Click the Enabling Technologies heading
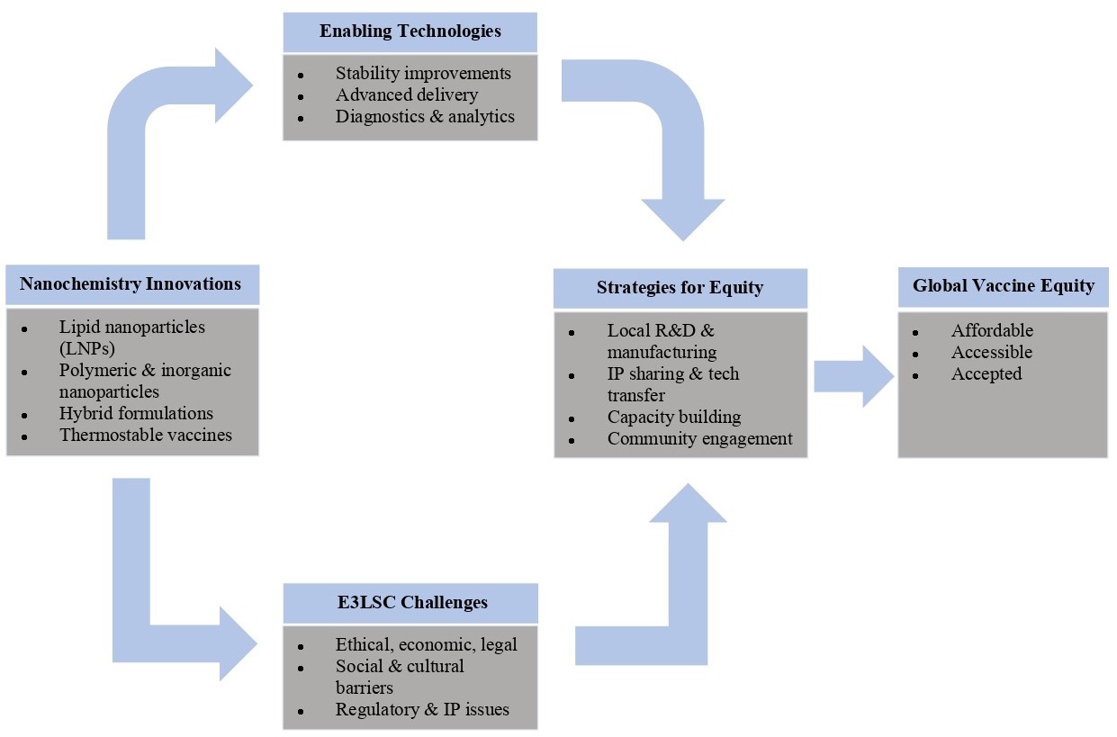tap(410, 31)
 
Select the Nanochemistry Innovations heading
tap(131, 284)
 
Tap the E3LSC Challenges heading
tap(410, 602)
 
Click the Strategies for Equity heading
tap(680, 288)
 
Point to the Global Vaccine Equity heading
tap(1003, 286)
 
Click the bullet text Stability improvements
tap(423, 74)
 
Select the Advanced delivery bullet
tap(407, 94)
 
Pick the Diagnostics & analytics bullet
tap(425, 116)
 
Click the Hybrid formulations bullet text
tap(136, 413)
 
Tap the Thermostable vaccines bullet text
tap(146, 435)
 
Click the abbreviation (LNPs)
tap(86, 348)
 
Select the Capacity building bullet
tap(674, 417)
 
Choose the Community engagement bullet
tap(699, 438)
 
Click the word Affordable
tap(992, 330)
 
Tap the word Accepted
tap(986, 373)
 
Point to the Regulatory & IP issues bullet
tap(422, 709)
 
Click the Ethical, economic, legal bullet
tap(426, 644)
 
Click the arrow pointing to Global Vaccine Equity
tap(851, 376)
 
